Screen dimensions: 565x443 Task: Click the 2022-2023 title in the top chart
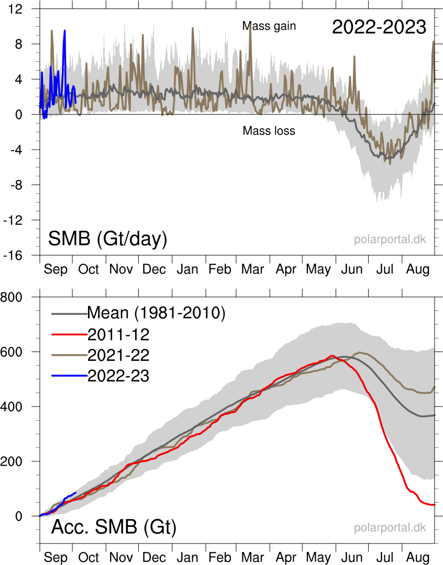[x=379, y=27]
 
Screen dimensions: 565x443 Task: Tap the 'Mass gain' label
[x=269, y=26]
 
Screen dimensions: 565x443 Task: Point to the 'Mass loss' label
[x=269, y=131]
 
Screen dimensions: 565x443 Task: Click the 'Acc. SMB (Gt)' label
[x=114, y=527]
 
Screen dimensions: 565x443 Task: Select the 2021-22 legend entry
[x=118, y=355]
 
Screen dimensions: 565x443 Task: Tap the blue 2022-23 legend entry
[x=118, y=376]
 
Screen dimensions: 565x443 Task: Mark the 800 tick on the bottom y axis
[x=20, y=297]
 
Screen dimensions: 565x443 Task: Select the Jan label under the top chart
[x=187, y=269]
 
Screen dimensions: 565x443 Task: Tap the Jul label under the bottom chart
[x=385, y=558]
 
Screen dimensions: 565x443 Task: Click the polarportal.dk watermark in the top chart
[x=390, y=240]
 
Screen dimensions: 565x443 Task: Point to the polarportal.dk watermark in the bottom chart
[x=390, y=527]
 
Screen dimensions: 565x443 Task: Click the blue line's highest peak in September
[x=65, y=30]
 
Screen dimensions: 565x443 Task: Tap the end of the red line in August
[x=435, y=504]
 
